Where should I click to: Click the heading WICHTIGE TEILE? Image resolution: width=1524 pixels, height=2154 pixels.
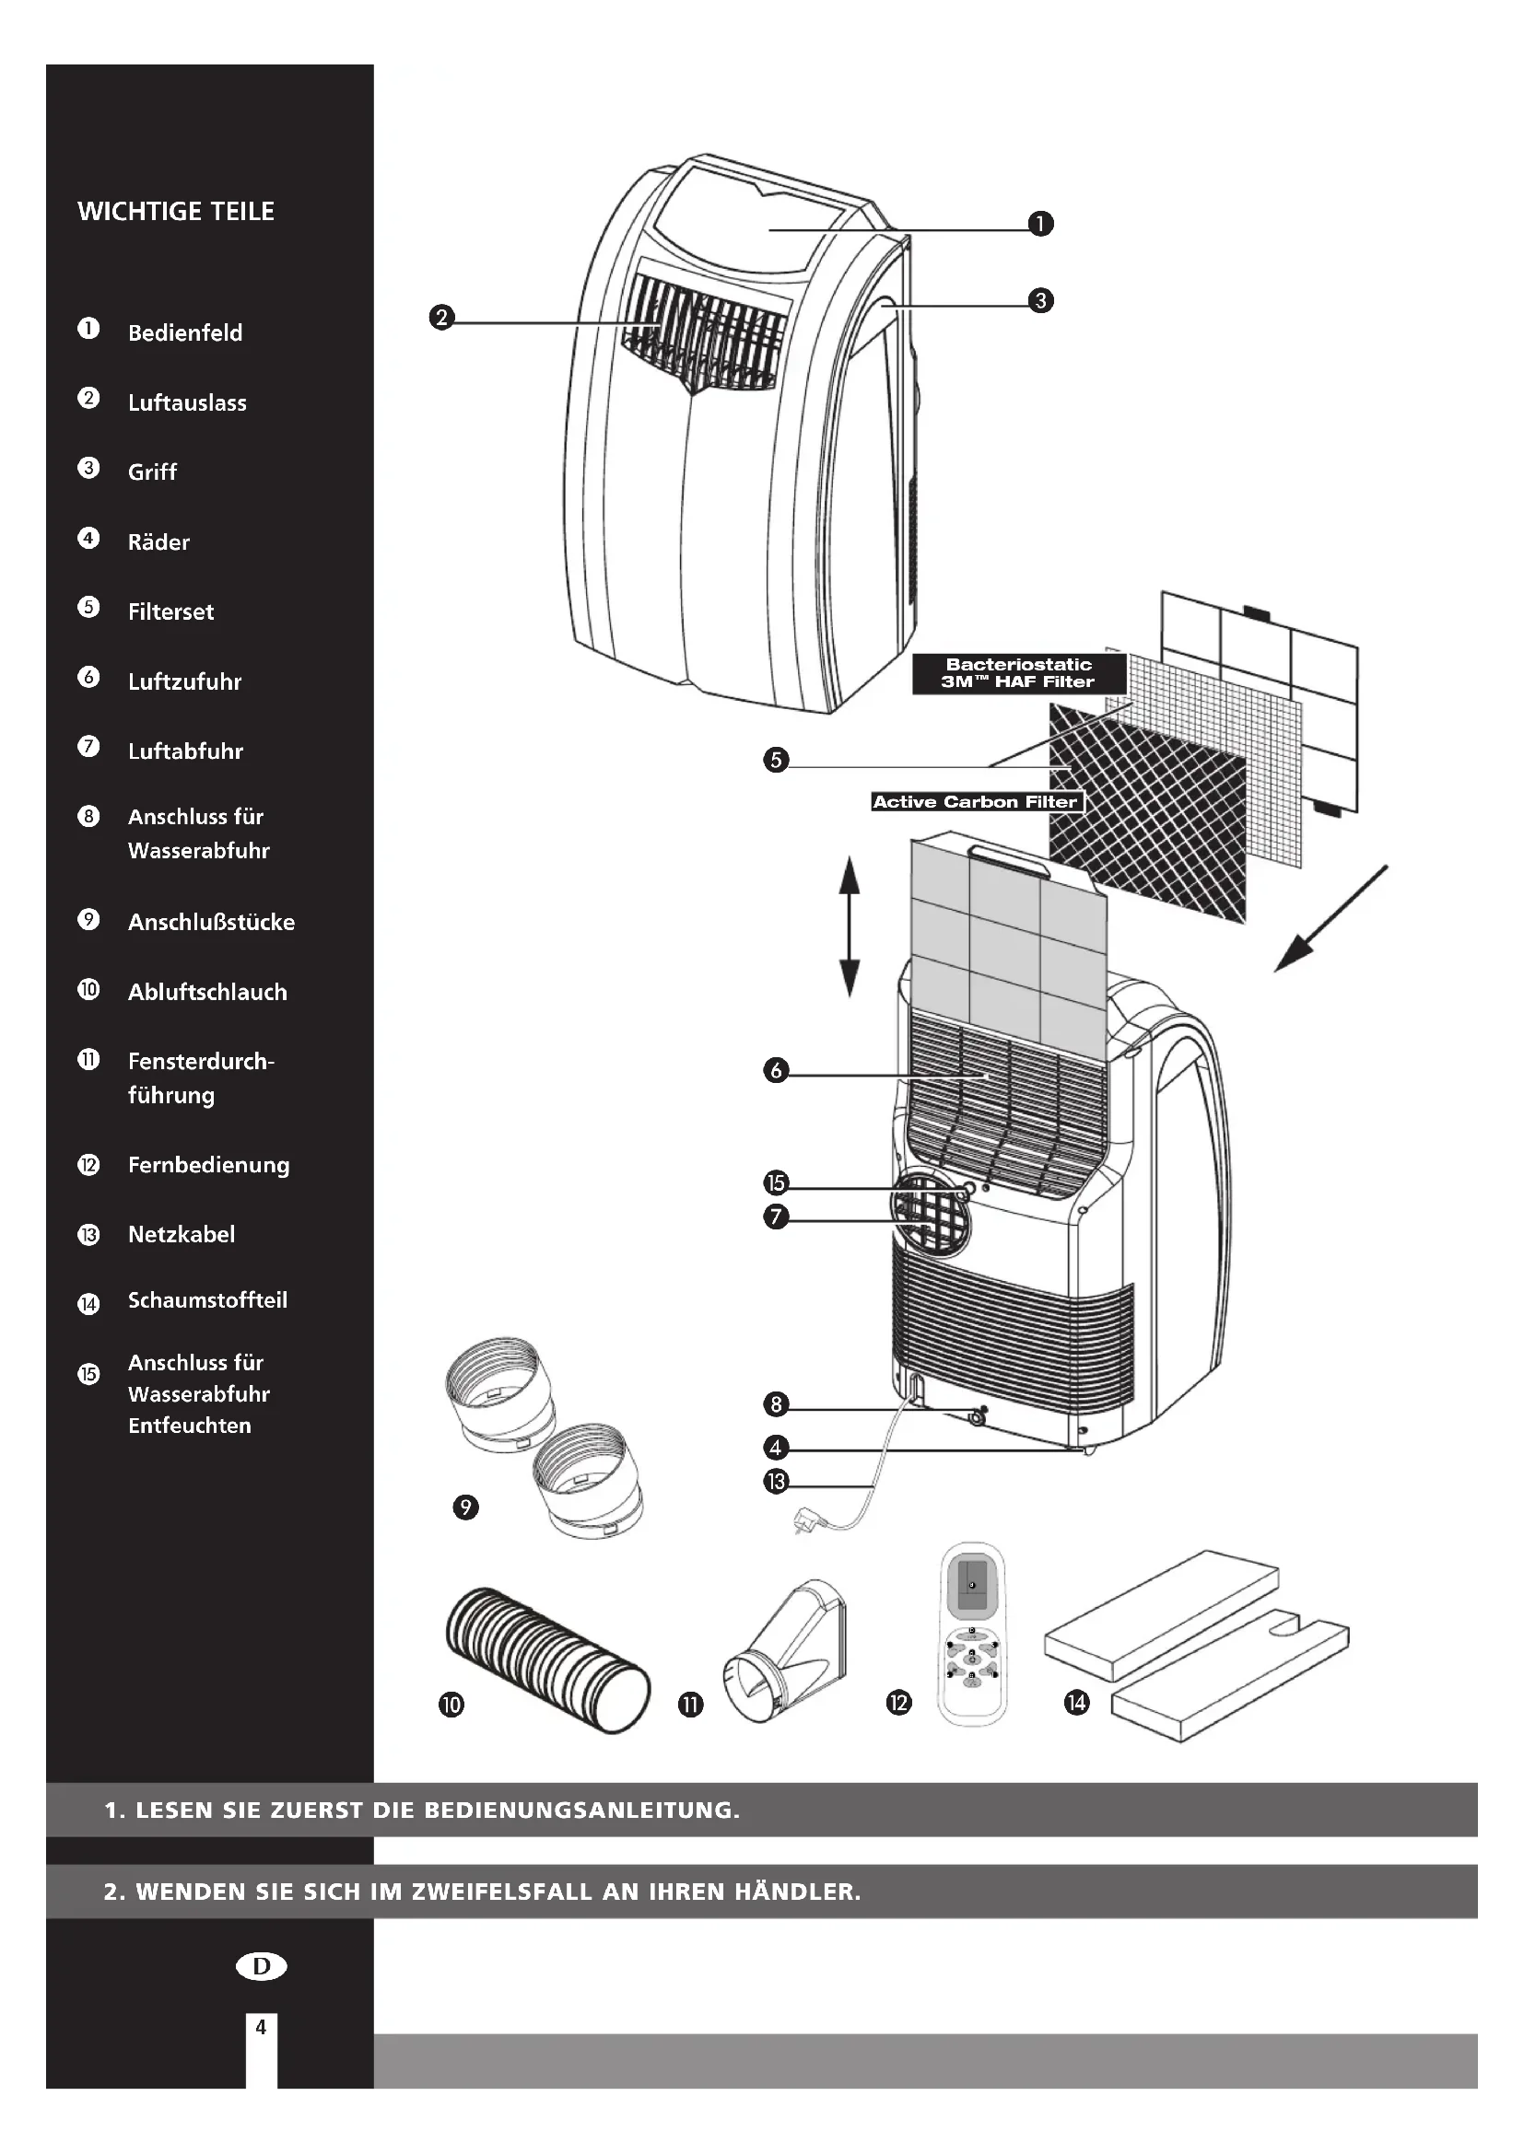click(175, 211)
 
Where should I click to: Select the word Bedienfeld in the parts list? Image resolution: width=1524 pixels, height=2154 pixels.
click(185, 333)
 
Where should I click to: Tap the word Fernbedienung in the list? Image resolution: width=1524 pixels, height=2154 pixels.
click(208, 1165)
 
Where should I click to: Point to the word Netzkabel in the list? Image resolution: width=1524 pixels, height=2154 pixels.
click(182, 1235)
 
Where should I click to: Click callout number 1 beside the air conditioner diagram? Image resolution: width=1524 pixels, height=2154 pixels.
click(1040, 224)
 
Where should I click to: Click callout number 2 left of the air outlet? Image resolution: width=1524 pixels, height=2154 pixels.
click(441, 318)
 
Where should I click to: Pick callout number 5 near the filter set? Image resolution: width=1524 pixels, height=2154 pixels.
click(776, 759)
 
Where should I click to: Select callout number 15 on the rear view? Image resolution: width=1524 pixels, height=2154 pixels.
click(776, 1183)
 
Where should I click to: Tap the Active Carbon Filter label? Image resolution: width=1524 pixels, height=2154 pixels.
click(975, 802)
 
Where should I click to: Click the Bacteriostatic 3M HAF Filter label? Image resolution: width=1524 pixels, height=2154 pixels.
click(1019, 673)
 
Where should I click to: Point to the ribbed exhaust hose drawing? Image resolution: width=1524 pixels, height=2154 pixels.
click(547, 1659)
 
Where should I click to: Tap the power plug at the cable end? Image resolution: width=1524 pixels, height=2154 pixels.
click(806, 1517)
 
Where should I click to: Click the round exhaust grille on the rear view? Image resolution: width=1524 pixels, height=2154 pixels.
click(930, 1212)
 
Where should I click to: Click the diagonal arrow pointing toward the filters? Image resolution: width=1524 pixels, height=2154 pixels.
click(1330, 919)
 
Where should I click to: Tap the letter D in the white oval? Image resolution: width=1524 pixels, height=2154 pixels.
click(261, 1966)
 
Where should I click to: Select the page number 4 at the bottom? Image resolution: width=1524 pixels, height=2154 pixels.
click(261, 2027)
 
